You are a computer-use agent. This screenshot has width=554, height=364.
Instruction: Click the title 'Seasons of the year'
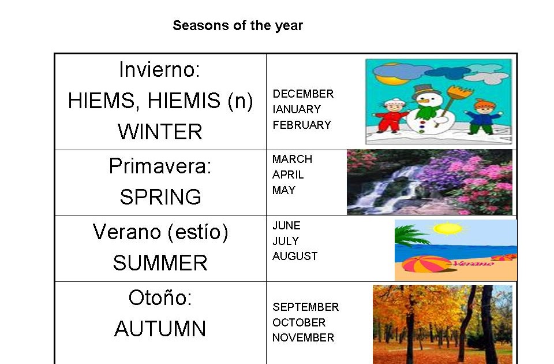point(238,25)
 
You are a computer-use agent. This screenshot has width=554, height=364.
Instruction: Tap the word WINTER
point(160,132)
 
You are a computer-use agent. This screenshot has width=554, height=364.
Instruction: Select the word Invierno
point(156,69)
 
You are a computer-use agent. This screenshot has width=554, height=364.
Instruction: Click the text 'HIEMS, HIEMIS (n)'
point(160,101)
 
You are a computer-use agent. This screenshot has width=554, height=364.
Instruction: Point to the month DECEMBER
point(303,94)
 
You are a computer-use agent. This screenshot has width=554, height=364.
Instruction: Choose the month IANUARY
point(297,109)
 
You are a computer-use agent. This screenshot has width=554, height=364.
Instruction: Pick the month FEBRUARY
point(302,125)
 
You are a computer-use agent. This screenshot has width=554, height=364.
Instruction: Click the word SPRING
point(160,196)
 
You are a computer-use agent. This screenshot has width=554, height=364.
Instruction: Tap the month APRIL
point(288,174)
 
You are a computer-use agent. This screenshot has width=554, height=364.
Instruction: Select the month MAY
point(284,190)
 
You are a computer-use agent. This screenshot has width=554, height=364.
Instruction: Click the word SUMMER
point(160,263)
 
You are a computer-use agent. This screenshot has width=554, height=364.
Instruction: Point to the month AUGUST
point(295,256)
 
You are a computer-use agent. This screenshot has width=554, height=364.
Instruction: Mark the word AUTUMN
point(160,329)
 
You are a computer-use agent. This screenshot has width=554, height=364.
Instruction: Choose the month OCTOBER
point(299,322)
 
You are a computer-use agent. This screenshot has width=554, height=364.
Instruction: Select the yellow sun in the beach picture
point(448,229)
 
